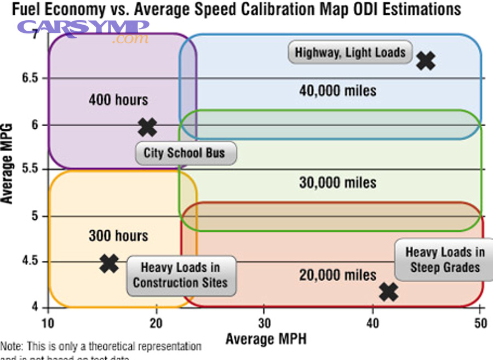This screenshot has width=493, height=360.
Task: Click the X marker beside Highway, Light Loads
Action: [426, 60]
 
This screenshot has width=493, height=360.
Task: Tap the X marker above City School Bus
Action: [147, 127]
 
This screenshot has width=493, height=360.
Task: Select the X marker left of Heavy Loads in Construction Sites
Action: [110, 264]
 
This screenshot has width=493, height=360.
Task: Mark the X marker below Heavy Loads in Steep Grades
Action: [388, 292]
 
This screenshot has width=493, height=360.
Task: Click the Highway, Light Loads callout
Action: [350, 53]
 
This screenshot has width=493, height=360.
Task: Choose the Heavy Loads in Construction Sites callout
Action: [180, 275]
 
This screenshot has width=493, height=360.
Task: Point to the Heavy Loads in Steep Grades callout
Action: [445, 260]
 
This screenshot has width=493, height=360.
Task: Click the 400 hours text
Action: [118, 100]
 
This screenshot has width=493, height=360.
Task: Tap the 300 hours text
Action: [118, 236]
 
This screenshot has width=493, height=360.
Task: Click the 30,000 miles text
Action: [337, 182]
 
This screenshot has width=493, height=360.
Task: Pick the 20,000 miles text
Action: [337, 275]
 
